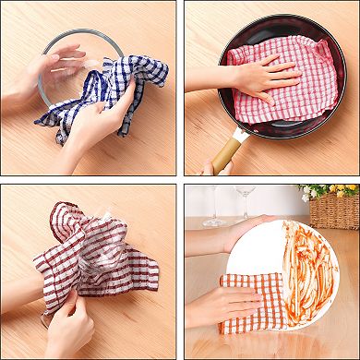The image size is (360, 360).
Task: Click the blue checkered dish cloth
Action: coord(138,74)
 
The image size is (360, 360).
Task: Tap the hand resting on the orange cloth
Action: coord(226,305)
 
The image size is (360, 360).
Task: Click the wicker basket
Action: coord(334,210)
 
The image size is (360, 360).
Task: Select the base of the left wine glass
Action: coord(213,222)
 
